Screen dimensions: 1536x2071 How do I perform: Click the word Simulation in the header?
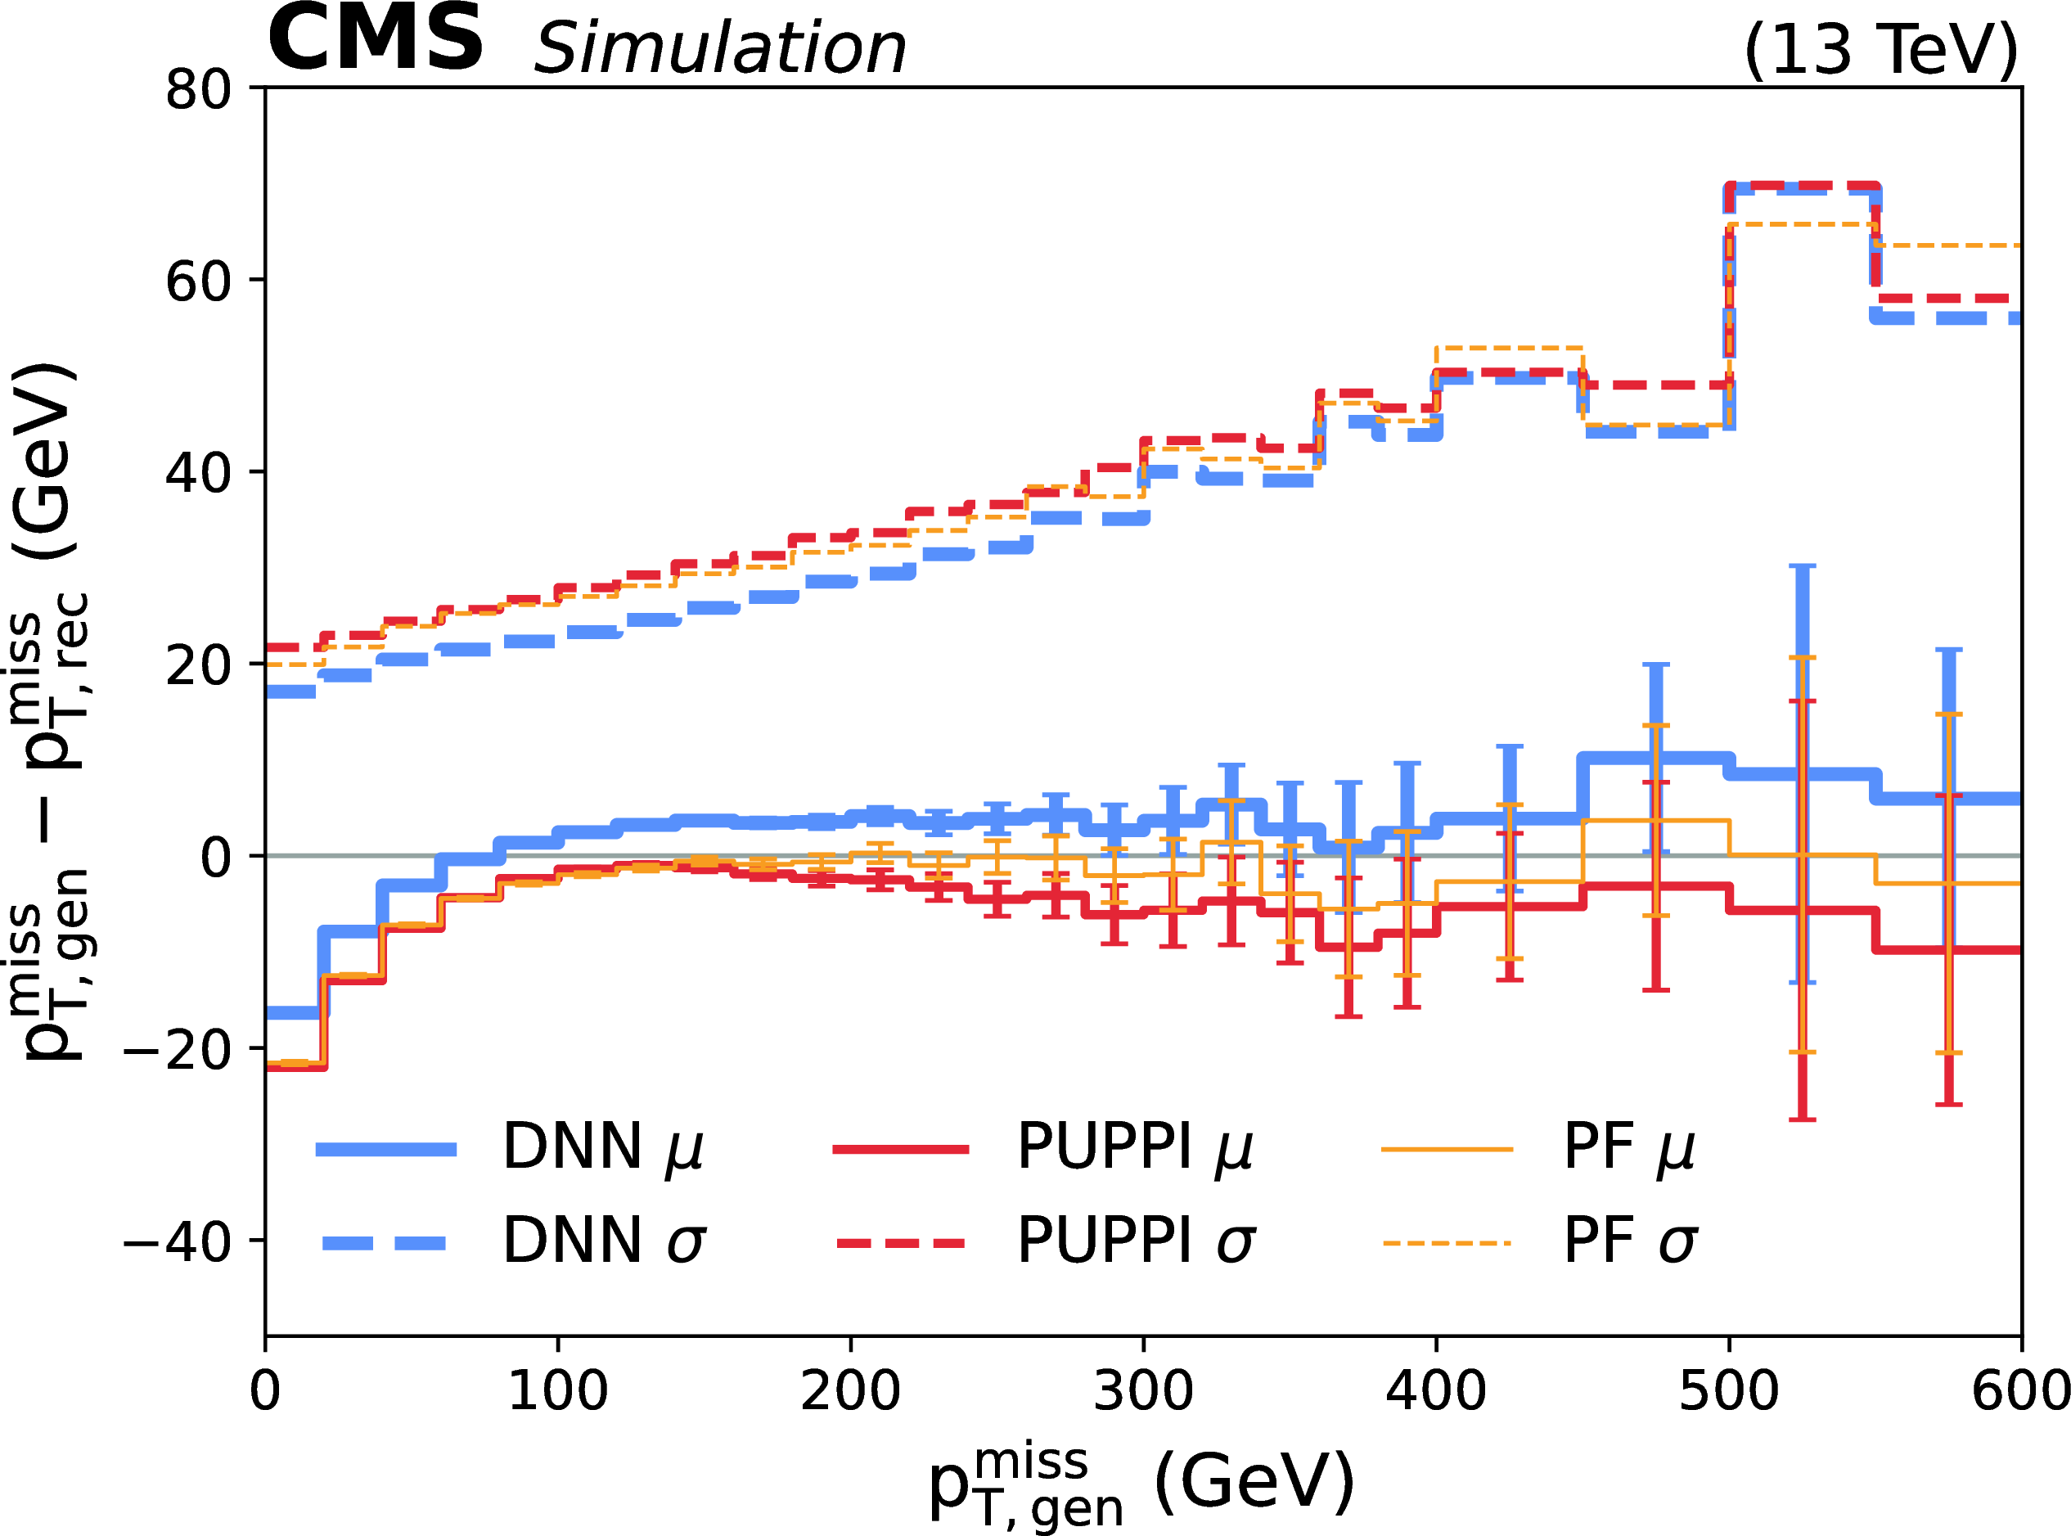point(719,48)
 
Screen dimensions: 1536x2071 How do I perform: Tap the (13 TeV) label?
point(1881,49)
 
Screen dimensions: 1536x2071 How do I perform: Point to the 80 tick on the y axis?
point(198,91)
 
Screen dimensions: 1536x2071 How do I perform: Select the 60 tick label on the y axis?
point(198,282)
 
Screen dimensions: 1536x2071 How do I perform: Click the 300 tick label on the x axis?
point(1142,1392)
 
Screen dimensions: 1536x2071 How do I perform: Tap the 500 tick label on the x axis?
point(1728,1392)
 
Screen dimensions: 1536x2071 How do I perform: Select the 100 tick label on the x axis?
point(558,1392)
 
